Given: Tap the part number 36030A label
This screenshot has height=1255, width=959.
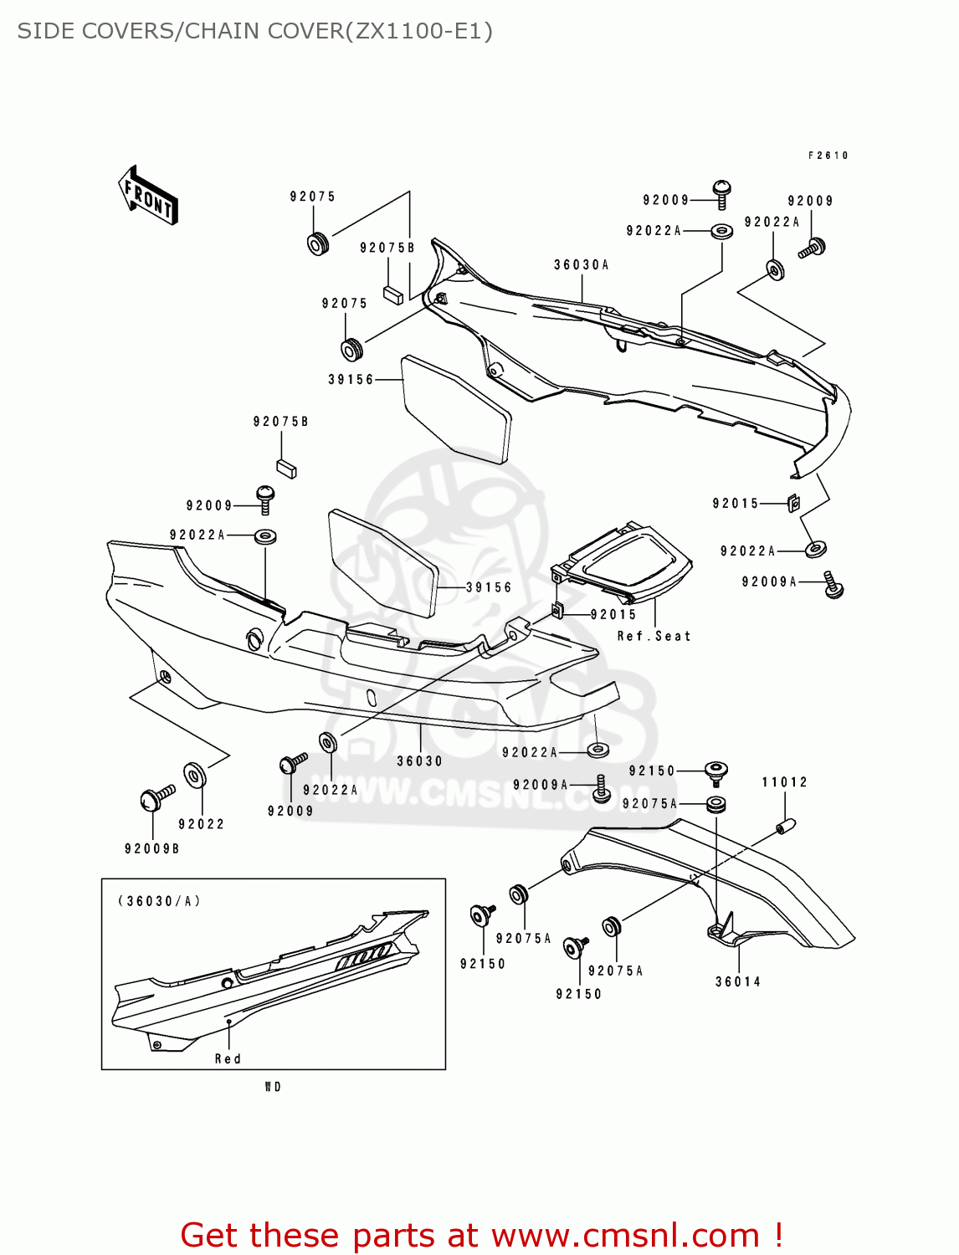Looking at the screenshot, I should point(581,265).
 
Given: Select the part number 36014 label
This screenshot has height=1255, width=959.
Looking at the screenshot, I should point(738,982).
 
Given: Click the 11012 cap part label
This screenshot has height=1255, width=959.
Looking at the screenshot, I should point(784,782).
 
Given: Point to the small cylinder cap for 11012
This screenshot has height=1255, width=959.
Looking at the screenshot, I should point(786,826).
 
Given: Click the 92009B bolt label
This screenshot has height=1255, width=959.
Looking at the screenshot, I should point(152,849).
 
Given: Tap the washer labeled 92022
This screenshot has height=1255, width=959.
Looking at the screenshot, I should point(194,776).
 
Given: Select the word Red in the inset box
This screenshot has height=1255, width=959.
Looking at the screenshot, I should point(228,1059).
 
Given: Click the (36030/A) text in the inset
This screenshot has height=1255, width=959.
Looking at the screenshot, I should point(159,901).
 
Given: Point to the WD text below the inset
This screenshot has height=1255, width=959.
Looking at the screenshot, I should point(273,1087).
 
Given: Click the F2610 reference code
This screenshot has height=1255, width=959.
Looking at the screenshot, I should point(828,156).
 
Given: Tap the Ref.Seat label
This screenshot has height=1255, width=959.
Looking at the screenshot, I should point(654,637).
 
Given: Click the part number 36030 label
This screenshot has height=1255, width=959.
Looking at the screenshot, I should point(419,761).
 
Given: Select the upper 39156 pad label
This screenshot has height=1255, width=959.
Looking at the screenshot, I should point(351,380).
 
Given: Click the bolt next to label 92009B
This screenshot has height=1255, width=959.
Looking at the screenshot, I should point(156,798).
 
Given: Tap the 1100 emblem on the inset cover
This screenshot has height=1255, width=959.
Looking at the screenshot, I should point(363,957).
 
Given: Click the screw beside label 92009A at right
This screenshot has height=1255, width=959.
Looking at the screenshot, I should point(833,585).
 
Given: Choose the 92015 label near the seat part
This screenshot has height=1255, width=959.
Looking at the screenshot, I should point(613,615).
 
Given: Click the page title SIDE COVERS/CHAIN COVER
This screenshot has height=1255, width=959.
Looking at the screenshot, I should point(254,32).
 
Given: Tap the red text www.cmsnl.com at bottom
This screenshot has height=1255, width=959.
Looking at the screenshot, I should point(624,1236).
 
